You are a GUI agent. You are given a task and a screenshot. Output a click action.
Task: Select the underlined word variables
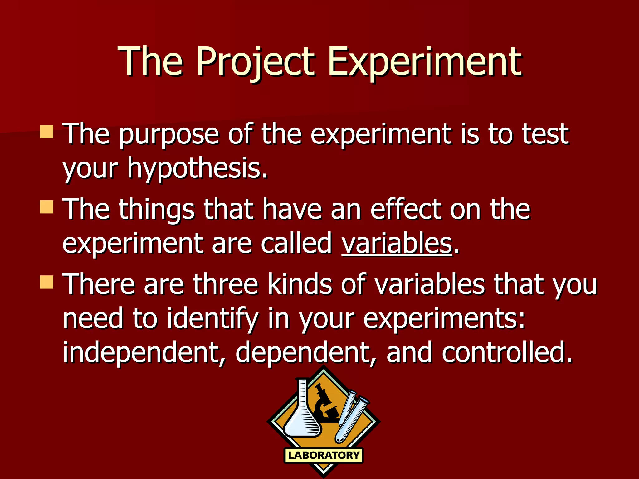pos(397,243)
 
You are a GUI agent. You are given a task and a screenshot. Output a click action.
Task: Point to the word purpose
pos(169,135)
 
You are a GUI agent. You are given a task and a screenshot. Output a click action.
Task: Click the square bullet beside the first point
pos(47,132)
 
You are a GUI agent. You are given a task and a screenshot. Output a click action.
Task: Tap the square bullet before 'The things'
pos(47,207)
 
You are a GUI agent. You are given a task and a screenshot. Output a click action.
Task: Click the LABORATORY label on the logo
pos(324,455)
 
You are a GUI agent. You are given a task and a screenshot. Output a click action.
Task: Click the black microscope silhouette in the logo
pos(326,405)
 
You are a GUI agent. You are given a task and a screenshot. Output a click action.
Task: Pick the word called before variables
pos(296,243)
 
